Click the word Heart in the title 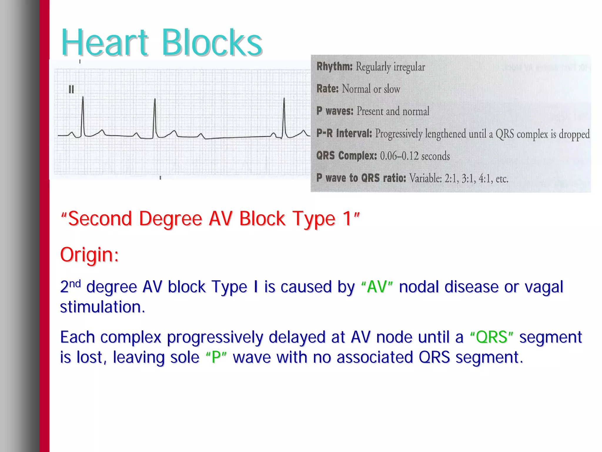point(104,43)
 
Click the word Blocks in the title point(212,43)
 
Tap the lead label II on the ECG point(71,89)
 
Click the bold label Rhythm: point(334,67)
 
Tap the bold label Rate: point(327,89)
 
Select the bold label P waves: point(335,111)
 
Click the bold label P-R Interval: point(344,134)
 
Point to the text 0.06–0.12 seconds point(415,156)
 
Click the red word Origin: point(89,255)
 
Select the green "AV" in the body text point(377,287)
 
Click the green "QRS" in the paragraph point(491,337)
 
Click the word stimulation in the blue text point(100,307)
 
